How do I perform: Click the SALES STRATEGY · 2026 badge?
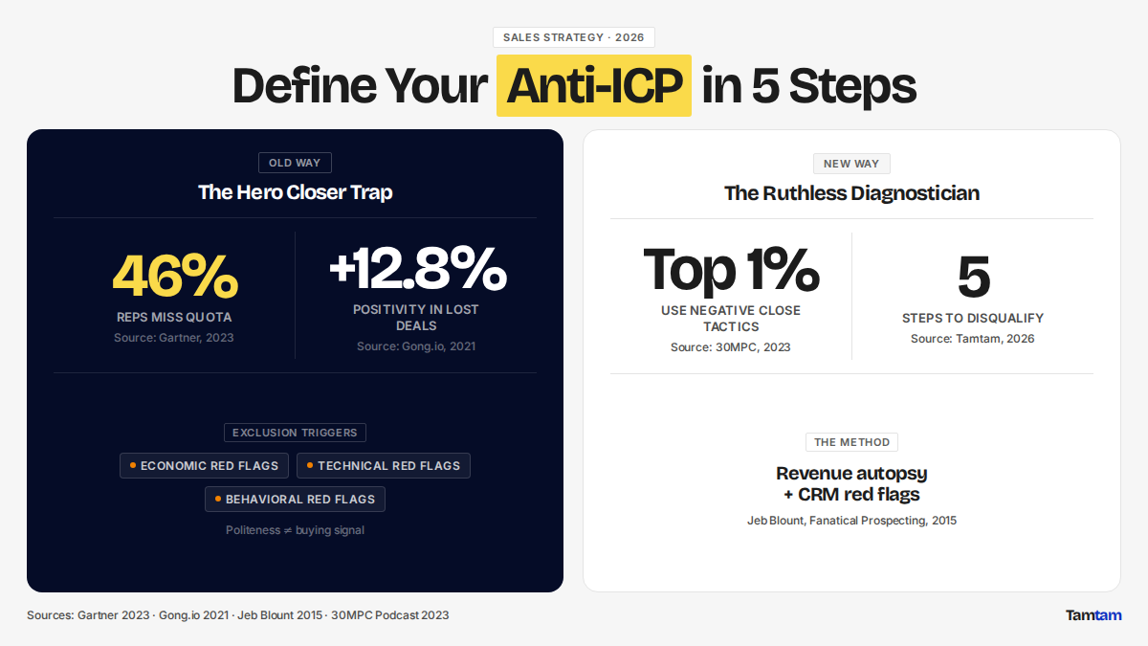[x=573, y=37]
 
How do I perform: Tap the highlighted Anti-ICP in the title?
[x=594, y=85]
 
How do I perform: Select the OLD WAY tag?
[x=295, y=163]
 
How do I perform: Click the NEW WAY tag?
[x=851, y=164]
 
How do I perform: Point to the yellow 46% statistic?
[x=175, y=276]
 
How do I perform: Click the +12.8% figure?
[x=418, y=268]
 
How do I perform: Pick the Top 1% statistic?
[x=731, y=270]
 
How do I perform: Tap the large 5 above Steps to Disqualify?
[x=973, y=277]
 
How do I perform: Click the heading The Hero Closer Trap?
[x=296, y=192]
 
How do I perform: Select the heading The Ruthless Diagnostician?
[x=851, y=193]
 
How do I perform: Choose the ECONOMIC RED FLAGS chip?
[x=204, y=465]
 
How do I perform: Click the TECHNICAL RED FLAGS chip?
[x=384, y=465]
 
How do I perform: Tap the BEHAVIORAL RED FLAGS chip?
[x=295, y=500]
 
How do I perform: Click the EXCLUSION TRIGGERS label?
[x=295, y=433]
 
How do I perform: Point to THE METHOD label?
[x=851, y=442]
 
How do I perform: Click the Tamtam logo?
[x=1093, y=615]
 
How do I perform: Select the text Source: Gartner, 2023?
[x=174, y=337]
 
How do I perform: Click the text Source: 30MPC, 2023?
[x=730, y=347]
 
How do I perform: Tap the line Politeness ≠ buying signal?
[x=295, y=530]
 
